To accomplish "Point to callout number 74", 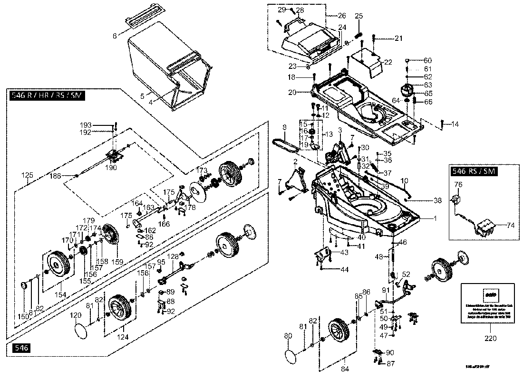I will point(511,226).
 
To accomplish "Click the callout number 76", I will point(458,184).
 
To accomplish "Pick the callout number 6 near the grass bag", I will point(115,36).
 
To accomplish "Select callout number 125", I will point(28,175).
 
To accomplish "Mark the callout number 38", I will point(438,200).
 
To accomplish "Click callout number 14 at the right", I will point(455,124).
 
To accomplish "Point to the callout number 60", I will point(427,60).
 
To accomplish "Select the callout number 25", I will point(358,16).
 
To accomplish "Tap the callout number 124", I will point(123,337).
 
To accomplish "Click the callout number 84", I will point(345,369).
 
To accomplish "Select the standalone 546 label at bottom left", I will point(21,348).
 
